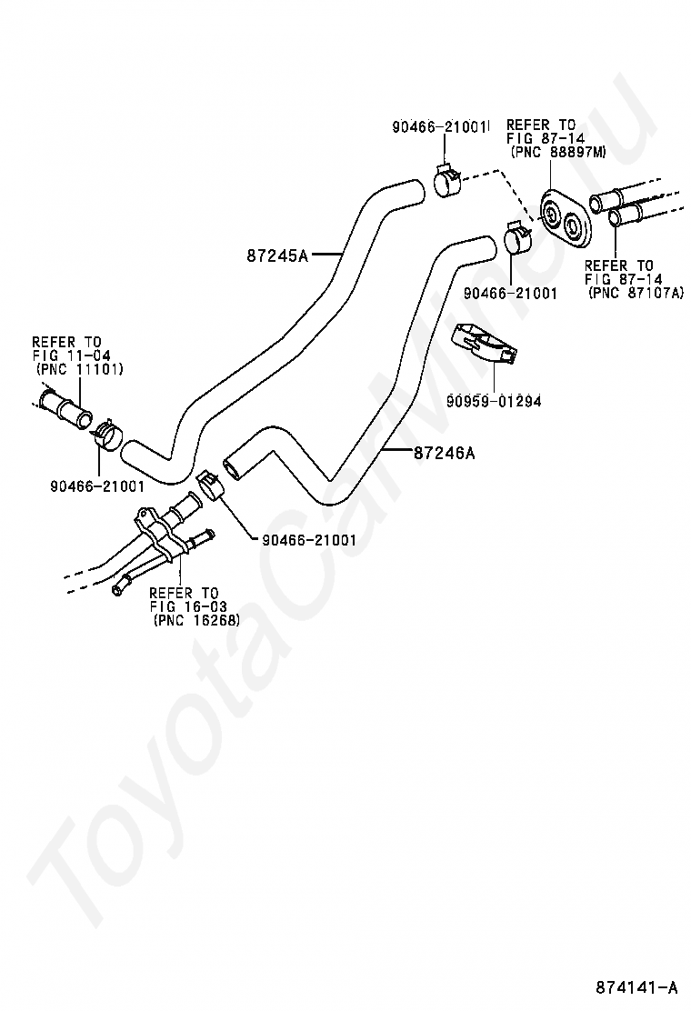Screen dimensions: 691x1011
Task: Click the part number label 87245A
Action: pyautogui.click(x=277, y=256)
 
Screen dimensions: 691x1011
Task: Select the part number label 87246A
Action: pyautogui.click(x=444, y=454)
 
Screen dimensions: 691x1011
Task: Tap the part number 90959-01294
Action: pyautogui.click(x=494, y=401)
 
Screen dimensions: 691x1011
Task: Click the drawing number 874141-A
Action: pyautogui.click(x=636, y=987)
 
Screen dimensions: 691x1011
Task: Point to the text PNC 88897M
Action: pyautogui.click(x=558, y=152)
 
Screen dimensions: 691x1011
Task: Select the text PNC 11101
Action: pyautogui.click(x=81, y=369)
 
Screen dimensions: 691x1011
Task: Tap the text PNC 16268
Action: pyautogui.click(x=198, y=620)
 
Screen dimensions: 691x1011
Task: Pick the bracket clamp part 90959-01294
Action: pyautogui.click(x=484, y=343)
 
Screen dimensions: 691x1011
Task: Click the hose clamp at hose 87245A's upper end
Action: pyautogui.click(x=446, y=181)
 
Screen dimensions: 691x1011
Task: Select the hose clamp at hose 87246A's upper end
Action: pyautogui.click(x=517, y=238)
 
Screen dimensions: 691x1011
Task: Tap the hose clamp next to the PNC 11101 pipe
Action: pyautogui.click(x=107, y=435)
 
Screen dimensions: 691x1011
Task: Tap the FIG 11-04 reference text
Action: pyautogui.click(x=72, y=355)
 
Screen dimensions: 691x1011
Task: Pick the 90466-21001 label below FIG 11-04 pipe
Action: pyautogui.click(x=97, y=485)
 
